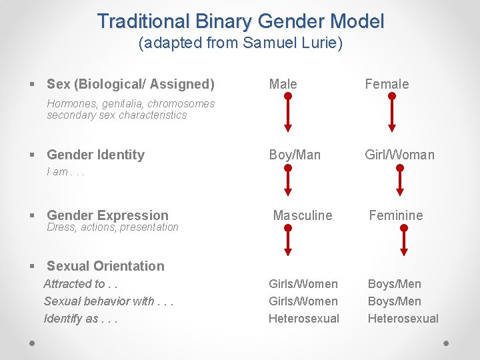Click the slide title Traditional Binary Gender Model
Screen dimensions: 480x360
pos(240,21)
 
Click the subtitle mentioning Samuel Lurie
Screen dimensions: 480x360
pos(240,44)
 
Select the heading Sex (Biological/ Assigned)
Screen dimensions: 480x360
pos(131,84)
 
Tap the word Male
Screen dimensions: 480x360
pos(283,84)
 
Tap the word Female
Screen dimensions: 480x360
pos(387,84)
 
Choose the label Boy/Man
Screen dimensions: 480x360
pos(295,155)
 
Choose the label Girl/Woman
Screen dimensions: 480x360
pos(399,155)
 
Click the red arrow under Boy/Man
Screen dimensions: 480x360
pos(288,179)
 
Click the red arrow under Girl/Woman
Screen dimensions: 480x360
pos(399,179)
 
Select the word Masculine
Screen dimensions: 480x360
pos(303,215)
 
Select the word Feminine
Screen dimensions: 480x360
pos(396,215)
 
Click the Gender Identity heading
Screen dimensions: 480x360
pos(95,155)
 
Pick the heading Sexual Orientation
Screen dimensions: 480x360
pos(105,266)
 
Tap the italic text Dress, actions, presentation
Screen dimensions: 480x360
pos(113,227)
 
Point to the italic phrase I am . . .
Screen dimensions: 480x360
pos(65,172)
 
